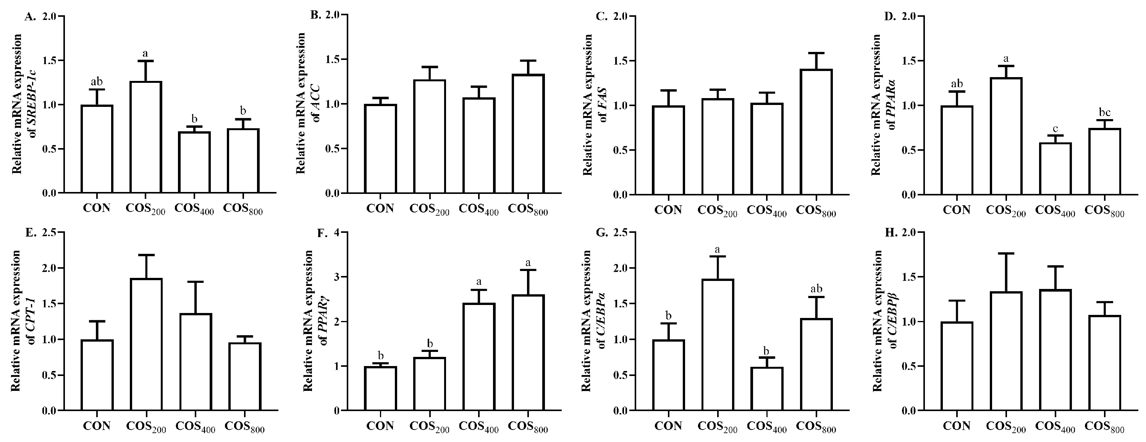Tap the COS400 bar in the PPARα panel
tap(1055, 169)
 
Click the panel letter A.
tap(30, 17)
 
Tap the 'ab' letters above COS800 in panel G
tap(816, 289)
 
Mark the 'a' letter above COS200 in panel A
tap(145, 53)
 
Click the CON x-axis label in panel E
tap(97, 426)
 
